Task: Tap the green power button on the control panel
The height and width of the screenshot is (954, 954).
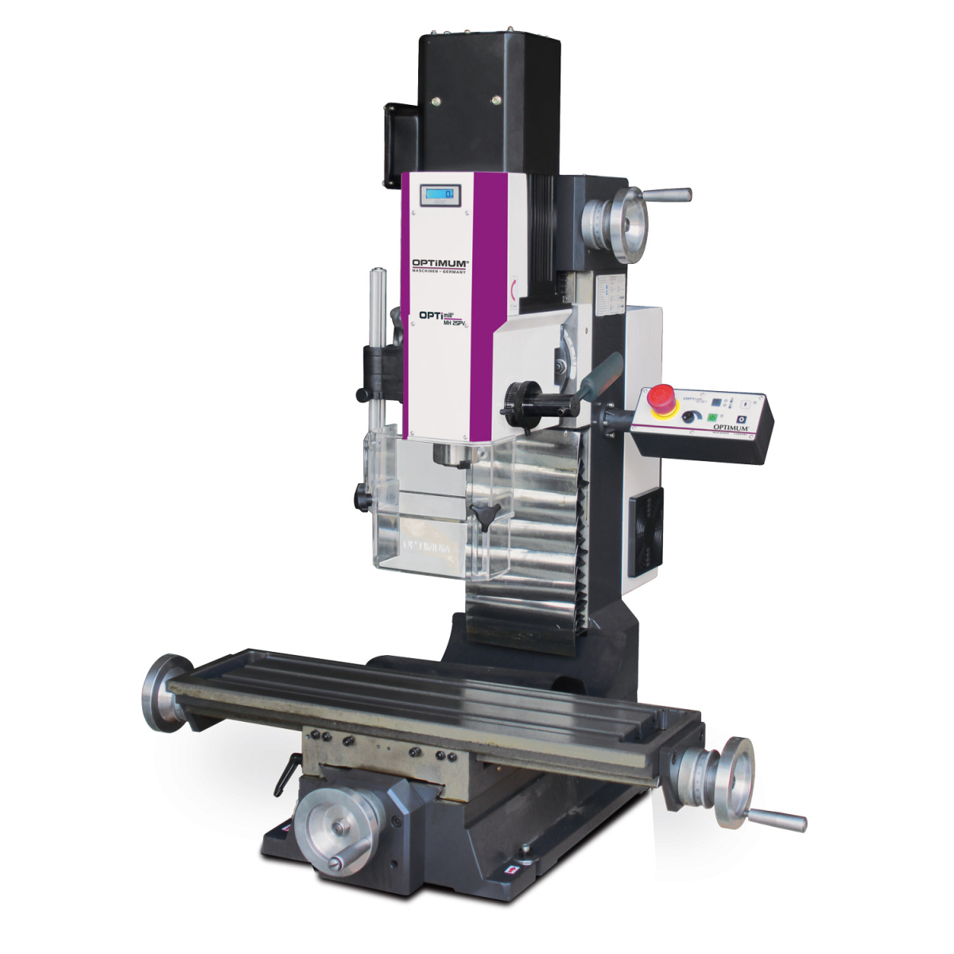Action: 712,416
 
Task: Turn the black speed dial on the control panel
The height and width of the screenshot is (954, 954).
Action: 688,417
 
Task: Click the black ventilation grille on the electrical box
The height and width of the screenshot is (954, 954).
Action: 646,530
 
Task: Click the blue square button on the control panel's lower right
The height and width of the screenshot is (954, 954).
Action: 741,420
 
